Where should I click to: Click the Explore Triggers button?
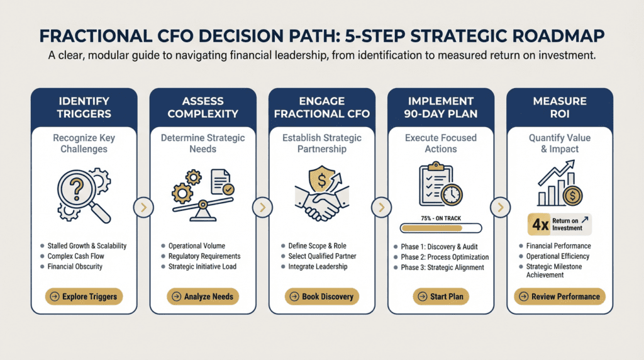84,296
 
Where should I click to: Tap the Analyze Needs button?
203,296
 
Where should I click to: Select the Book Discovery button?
322,296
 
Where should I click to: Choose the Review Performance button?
560,296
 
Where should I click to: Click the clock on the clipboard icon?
452,194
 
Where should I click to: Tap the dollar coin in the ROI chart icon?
572,196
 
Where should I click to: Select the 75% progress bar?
441,228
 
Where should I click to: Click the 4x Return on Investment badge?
560,225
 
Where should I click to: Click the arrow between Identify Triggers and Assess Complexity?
144,208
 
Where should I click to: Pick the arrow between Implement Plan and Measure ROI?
500,208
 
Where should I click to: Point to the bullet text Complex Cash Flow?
76,256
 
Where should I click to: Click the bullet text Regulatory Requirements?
204,256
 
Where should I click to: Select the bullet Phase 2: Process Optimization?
445,257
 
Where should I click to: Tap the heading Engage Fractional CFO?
322,107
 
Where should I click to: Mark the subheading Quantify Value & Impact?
560,143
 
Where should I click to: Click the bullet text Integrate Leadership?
318,266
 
